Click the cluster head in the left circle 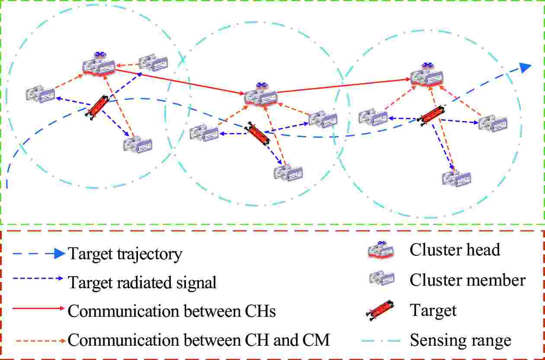[x=99, y=65]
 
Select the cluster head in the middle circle [x=260, y=96]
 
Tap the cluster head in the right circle [x=427, y=75]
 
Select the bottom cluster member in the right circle [x=456, y=178]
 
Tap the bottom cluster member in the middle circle [x=288, y=172]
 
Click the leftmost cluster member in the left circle [x=40, y=94]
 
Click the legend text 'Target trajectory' [x=125, y=254]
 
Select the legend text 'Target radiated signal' [x=142, y=283]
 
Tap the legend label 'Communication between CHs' [x=172, y=311]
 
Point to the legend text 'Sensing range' [x=460, y=341]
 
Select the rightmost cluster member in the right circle [x=493, y=123]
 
